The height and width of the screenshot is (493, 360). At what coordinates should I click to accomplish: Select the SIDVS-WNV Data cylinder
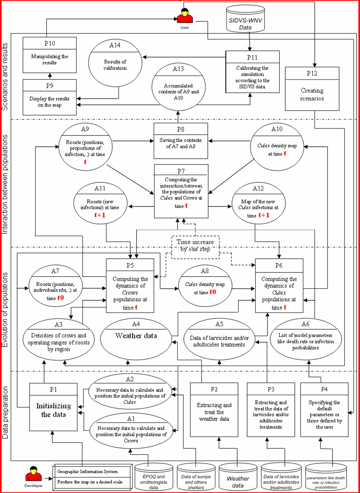click(x=246, y=19)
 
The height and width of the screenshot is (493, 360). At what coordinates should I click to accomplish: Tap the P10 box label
click(x=50, y=43)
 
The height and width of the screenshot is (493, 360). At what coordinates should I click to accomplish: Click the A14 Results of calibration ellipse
click(x=115, y=63)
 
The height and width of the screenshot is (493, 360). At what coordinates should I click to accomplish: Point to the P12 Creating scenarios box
click(x=312, y=89)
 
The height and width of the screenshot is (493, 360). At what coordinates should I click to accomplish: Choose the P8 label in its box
click(x=180, y=129)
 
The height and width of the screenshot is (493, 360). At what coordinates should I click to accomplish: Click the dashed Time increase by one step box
click(x=195, y=247)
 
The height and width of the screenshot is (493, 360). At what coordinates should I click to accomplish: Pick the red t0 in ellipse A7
click(x=61, y=298)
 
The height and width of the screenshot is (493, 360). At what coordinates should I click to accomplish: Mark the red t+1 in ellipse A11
click(x=100, y=215)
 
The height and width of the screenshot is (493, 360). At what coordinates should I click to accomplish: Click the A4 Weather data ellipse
click(x=136, y=339)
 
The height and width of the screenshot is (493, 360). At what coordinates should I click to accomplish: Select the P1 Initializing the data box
click(x=53, y=407)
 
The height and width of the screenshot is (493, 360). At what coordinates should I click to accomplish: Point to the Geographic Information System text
click(x=87, y=471)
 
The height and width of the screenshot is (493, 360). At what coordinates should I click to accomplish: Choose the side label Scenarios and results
click(x=5, y=77)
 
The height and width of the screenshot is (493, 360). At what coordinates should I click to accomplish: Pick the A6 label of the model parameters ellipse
click(x=305, y=324)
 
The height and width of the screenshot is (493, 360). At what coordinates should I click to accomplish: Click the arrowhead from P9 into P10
click(x=50, y=75)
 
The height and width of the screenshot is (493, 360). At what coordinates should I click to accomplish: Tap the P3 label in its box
click(x=271, y=389)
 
